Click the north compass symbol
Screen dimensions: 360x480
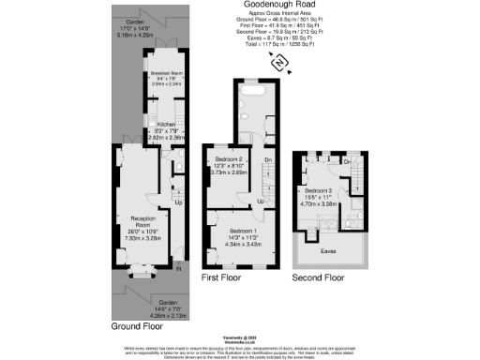point(279,62)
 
